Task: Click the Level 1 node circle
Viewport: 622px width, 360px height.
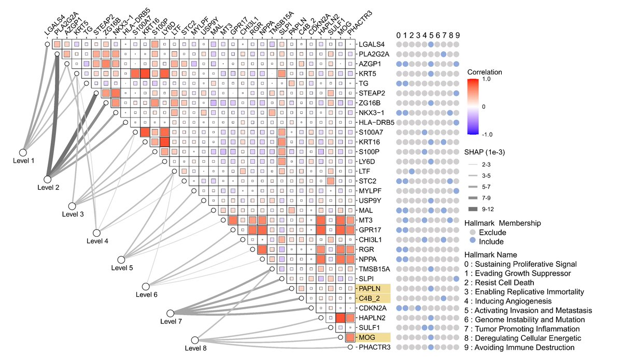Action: coord(23,152)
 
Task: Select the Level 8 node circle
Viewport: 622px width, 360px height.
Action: coord(195,340)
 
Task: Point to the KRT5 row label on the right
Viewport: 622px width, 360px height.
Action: coord(367,74)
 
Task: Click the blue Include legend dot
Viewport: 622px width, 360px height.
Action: coord(472,241)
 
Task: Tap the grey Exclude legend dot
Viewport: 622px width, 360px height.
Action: coord(472,233)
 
